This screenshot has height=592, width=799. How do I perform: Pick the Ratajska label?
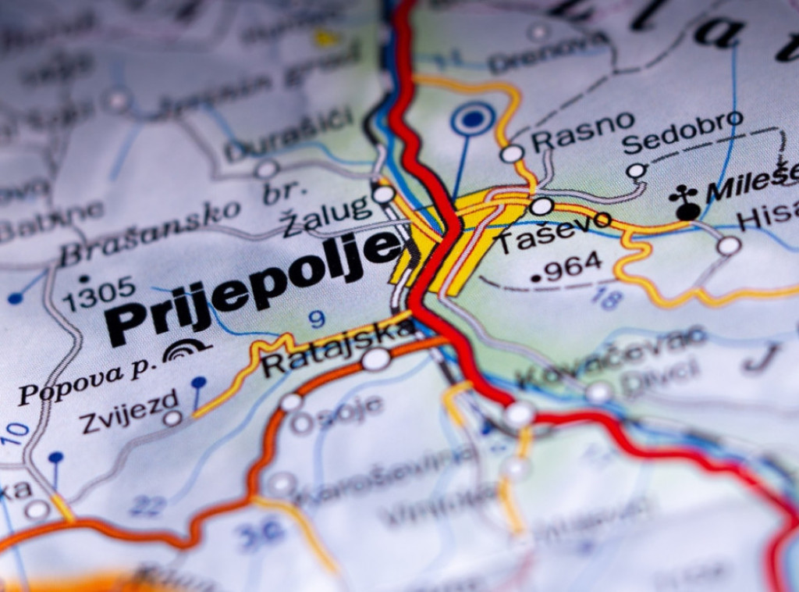(336, 349)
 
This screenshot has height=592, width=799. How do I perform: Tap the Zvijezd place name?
(129, 410)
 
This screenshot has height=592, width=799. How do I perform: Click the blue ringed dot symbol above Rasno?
(472, 119)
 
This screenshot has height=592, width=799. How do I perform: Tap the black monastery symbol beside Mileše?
(686, 205)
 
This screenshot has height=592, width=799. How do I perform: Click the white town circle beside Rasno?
(512, 153)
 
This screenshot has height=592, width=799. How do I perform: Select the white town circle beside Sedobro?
(636, 170)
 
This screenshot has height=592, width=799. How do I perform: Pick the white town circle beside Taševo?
(542, 206)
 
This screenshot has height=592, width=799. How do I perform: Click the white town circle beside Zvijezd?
(172, 418)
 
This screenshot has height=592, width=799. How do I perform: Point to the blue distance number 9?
(316, 319)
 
